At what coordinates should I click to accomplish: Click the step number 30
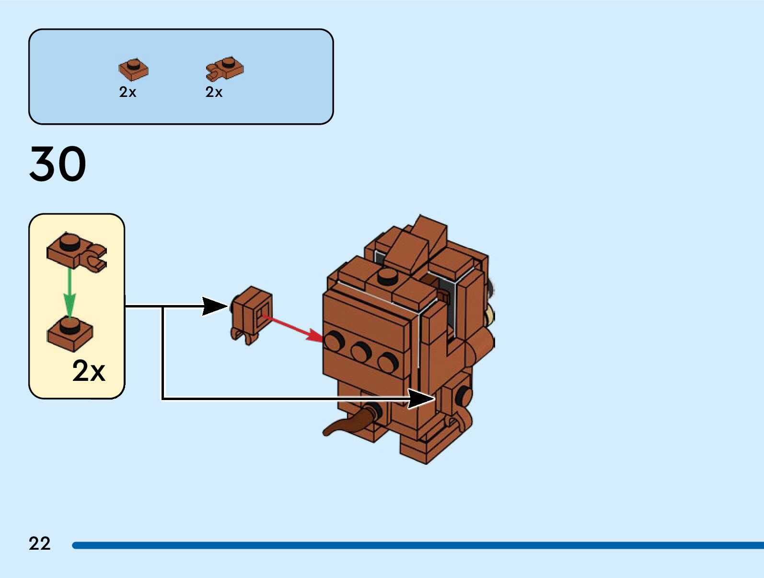[x=58, y=163]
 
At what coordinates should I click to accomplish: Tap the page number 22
[x=40, y=543]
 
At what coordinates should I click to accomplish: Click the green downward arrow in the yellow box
[x=69, y=293]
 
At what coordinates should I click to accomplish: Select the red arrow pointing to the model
[x=293, y=329]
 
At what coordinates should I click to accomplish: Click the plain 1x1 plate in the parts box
[x=133, y=69]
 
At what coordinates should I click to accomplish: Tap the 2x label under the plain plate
[x=127, y=92]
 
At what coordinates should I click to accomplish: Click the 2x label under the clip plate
[x=214, y=92]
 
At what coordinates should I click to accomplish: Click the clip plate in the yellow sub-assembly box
[x=77, y=252]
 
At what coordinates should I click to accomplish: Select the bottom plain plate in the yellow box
[x=70, y=333]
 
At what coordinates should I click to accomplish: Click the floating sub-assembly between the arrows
[x=251, y=315]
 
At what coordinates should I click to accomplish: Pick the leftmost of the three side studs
[x=334, y=341]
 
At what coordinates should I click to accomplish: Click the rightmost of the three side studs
[x=388, y=361]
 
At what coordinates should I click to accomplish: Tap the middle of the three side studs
[x=361, y=351]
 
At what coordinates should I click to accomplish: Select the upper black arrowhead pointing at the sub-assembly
[x=215, y=307]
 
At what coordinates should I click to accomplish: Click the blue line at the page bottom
[x=417, y=545]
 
